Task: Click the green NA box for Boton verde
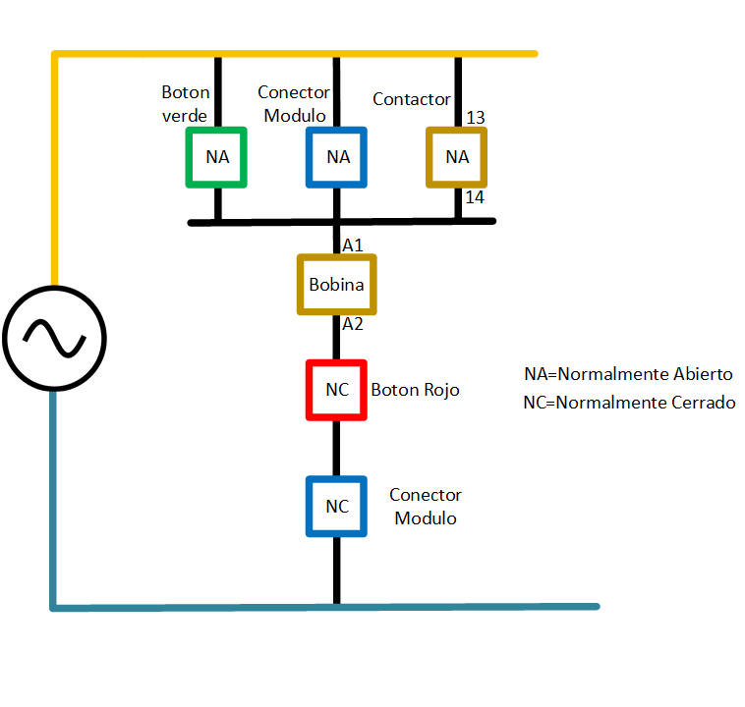click(217, 157)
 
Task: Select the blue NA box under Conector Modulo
click(337, 157)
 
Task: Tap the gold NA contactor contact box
click(457, 157)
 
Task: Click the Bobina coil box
click(337, 286)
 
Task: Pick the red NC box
click(337, 390)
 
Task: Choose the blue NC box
click(337, 507)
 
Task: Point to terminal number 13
click(476, 118)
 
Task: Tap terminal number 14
click(476, 197)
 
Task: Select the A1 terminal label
click(353, 245)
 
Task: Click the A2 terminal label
click(353, 324)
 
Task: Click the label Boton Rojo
click(415, 390)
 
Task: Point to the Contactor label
click(412, 99)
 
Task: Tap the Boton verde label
click(185, 104)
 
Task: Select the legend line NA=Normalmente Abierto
click(628, 374)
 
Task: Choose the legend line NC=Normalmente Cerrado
click(629, 403)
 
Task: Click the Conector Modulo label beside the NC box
click(426, 507)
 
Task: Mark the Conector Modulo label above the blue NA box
click(294, 104)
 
